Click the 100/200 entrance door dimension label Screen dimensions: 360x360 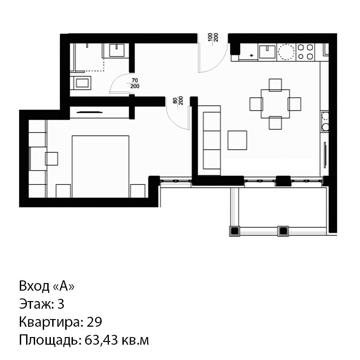213,37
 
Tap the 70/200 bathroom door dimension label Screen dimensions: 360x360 135,83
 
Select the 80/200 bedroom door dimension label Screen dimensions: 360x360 178,100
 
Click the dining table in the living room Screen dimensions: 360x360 275,104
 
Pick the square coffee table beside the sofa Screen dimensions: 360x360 237,140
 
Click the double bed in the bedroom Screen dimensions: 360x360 100,166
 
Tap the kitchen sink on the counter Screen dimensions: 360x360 267,52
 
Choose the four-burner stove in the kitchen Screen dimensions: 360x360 306,52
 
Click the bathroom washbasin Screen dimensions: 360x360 117,50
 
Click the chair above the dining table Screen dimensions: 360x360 275,85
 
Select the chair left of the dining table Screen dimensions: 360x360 256,104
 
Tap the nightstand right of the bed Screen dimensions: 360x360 138,191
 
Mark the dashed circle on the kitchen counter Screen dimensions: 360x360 286,52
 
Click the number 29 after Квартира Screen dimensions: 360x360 94,322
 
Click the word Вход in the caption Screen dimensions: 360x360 34,286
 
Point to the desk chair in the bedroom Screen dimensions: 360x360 51,159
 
